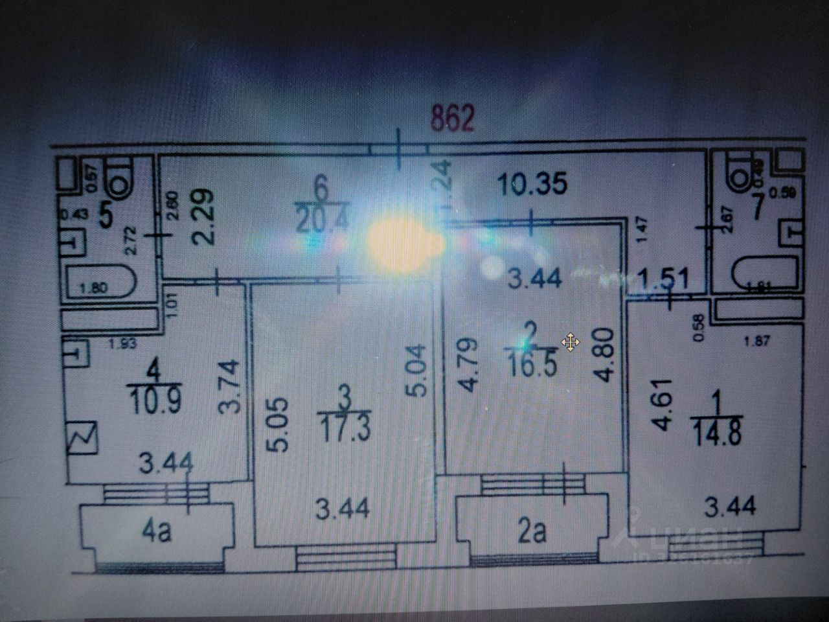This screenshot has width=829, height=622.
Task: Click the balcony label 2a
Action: pyautogui.click(x=532, y=533)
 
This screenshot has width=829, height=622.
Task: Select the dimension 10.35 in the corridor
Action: pyautogui.click(x=533, y=184)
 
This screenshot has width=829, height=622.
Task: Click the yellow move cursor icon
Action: pyautogui.click(x=571, y=342)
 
